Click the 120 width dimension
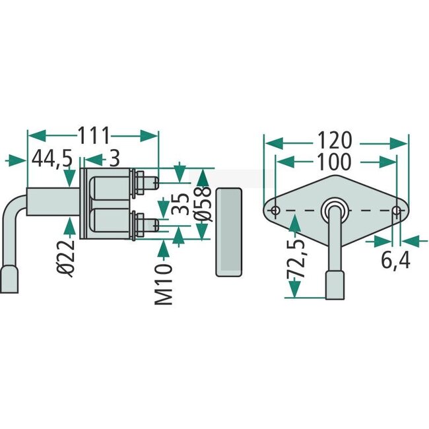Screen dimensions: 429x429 pyautogui.click(x=335, y=141)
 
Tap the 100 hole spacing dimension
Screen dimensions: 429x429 pyautogui.click(x=335, y=162)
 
